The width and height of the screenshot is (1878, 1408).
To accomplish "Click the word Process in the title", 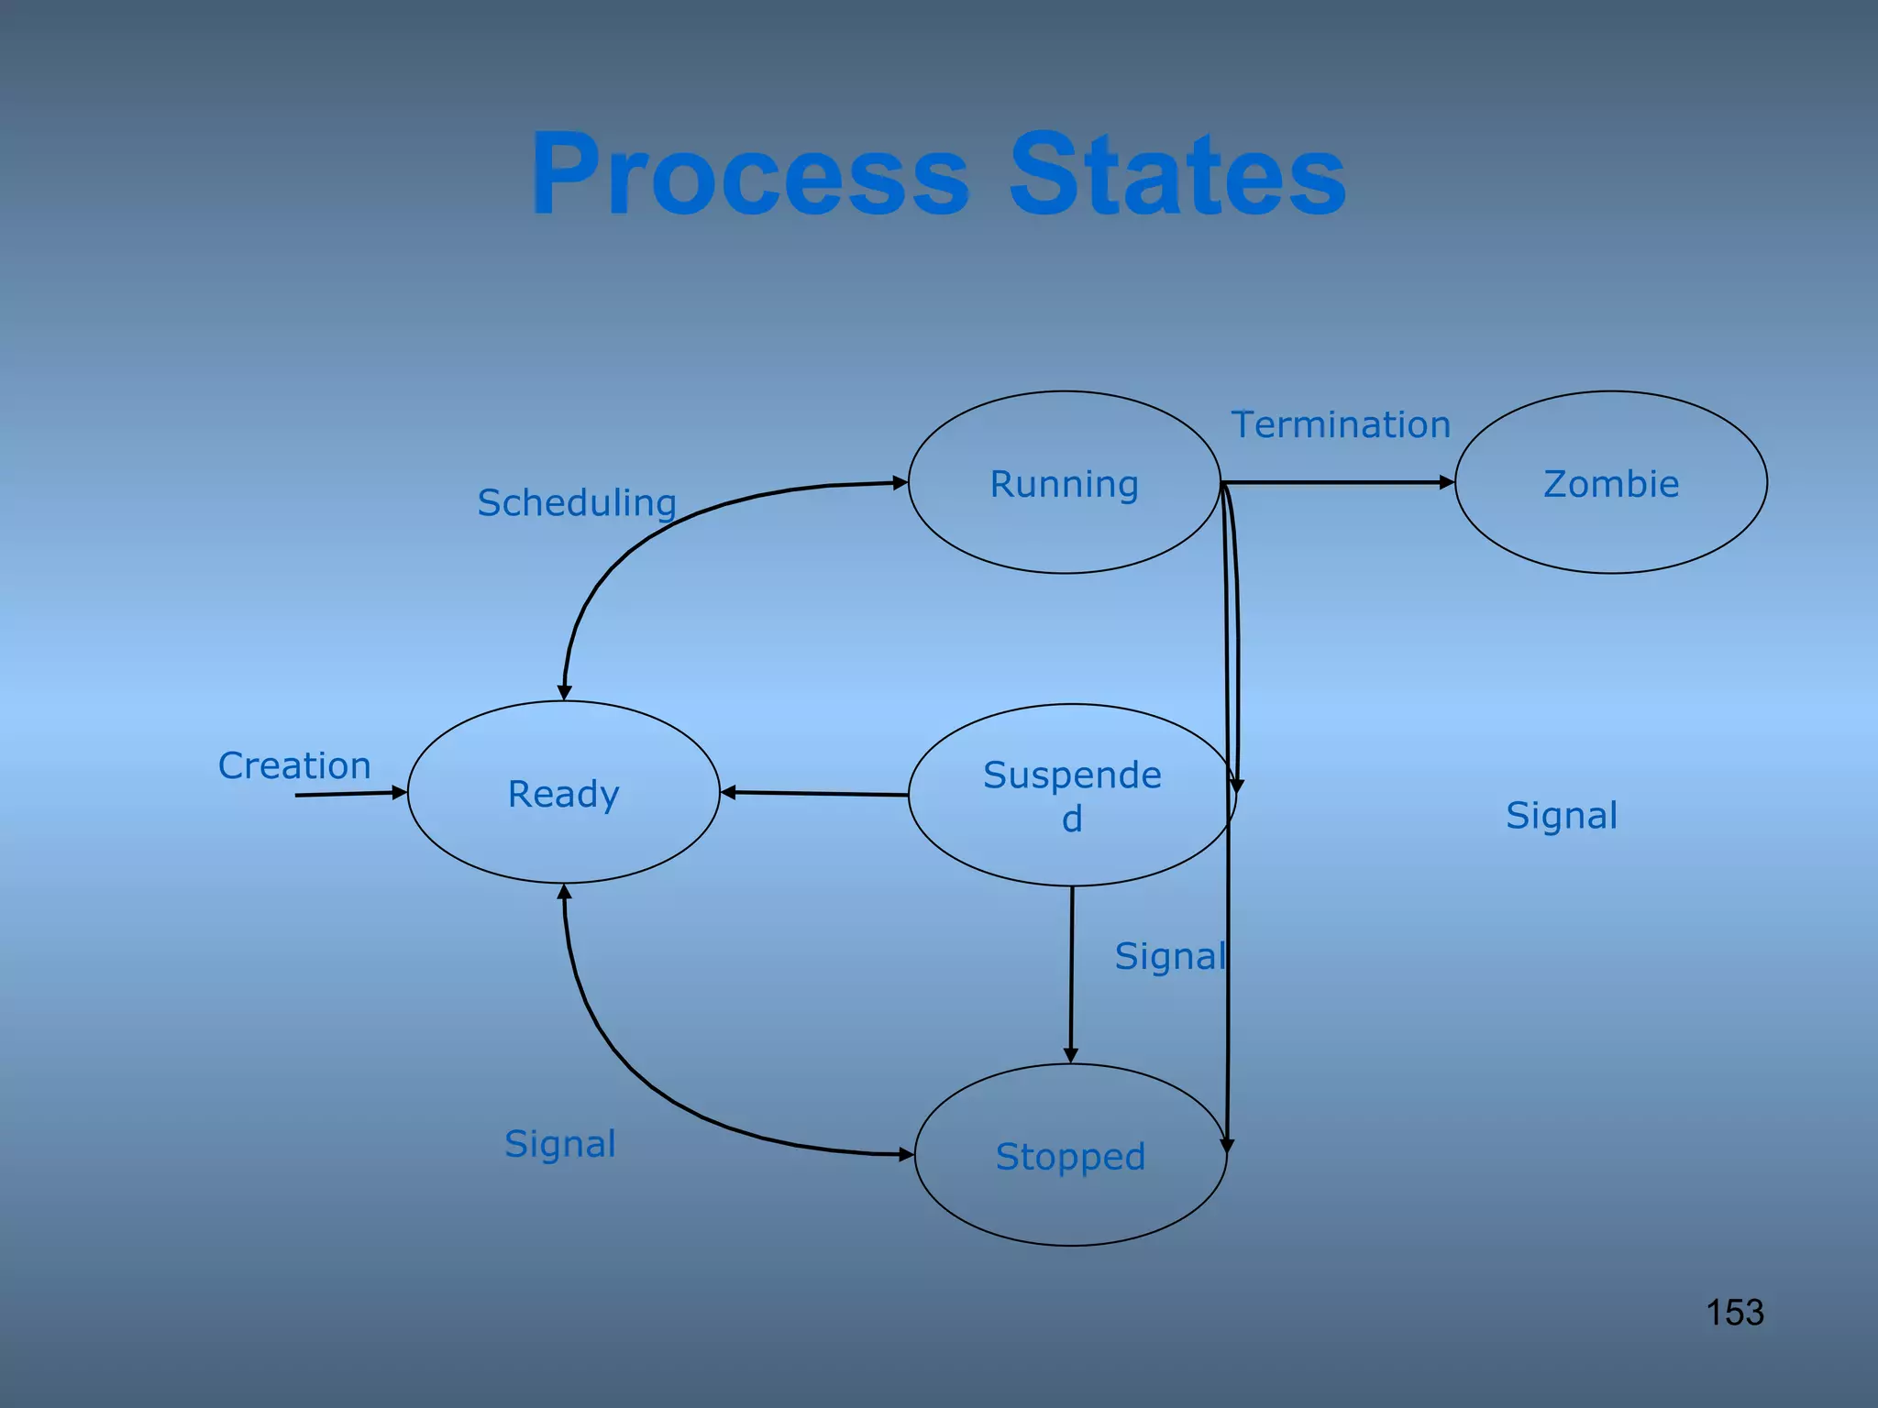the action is [750, 174].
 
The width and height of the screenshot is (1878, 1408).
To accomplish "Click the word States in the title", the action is [1177, 174].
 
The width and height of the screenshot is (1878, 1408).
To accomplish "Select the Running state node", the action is [1064, 483].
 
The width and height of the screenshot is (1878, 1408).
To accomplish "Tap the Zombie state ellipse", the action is [1611, 483].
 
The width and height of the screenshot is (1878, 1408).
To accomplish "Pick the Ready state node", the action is [563, 793].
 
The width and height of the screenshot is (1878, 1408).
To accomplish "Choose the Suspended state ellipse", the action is [1071, 796].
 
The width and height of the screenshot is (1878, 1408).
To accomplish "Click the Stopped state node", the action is [1070, 1156].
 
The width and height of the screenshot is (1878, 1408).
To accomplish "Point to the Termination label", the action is [1341, 424].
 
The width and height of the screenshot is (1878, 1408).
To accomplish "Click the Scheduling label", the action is [577, 502].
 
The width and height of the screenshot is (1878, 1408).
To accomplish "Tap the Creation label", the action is [294, 765].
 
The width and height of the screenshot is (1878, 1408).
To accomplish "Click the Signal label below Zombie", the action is [1562, 815].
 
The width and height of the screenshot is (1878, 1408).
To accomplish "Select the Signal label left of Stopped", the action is [560, 1143].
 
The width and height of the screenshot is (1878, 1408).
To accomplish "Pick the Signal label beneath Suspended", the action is [1170, 956].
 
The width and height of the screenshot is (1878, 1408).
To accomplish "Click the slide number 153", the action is [1735, 1312].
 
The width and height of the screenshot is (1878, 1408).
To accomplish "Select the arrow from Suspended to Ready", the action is [814, 794].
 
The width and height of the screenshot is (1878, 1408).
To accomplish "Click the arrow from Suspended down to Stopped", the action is [1071, 972].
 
